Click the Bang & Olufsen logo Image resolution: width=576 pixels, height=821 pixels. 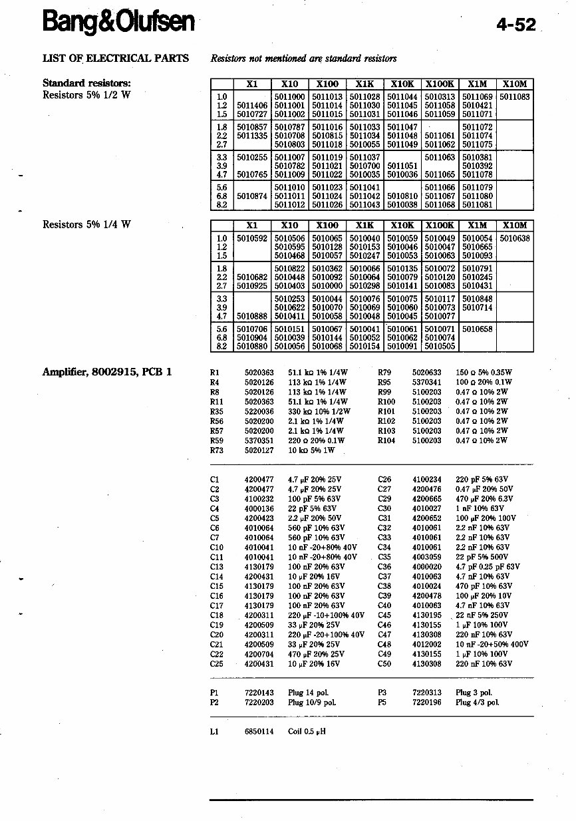[x=118, y=23]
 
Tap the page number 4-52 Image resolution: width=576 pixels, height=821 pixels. [x=515, y=25]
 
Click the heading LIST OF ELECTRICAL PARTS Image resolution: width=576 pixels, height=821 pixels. [x=116, y=58]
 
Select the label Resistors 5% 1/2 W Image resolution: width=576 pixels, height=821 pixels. [x=86, y=94]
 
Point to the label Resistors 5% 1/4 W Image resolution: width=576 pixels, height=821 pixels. [x=86, y=224]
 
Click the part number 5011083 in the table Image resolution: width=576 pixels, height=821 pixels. [x=515, y=96]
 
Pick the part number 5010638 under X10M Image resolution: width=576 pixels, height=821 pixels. [x=515, y=238]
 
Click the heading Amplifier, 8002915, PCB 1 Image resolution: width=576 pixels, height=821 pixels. [x=107, y=372]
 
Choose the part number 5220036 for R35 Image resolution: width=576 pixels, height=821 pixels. [x=259, y=411]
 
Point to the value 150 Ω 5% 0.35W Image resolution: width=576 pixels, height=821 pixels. [x=484, y=373]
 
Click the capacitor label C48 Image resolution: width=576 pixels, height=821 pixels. [x=384, y=644]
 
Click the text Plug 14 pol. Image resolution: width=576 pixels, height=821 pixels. [x=308, y=693]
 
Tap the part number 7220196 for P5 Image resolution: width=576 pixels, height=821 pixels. [x=426, y=702]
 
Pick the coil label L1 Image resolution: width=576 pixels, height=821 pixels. [x=214, y=732]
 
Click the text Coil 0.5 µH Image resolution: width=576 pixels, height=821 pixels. [x=307, y=732]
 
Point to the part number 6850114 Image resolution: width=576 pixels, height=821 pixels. [x=259, y=732]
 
